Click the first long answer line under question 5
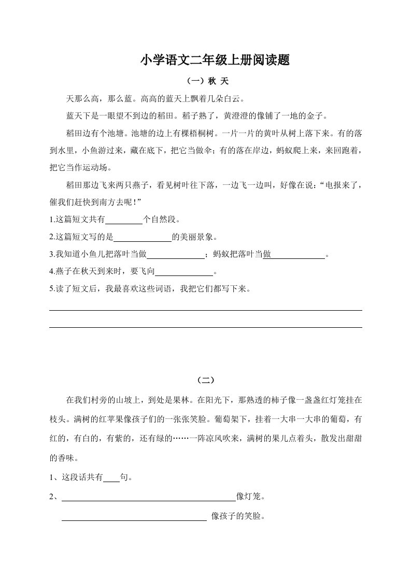[x=206, y=310]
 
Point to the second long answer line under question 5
[x=206, y=327]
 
